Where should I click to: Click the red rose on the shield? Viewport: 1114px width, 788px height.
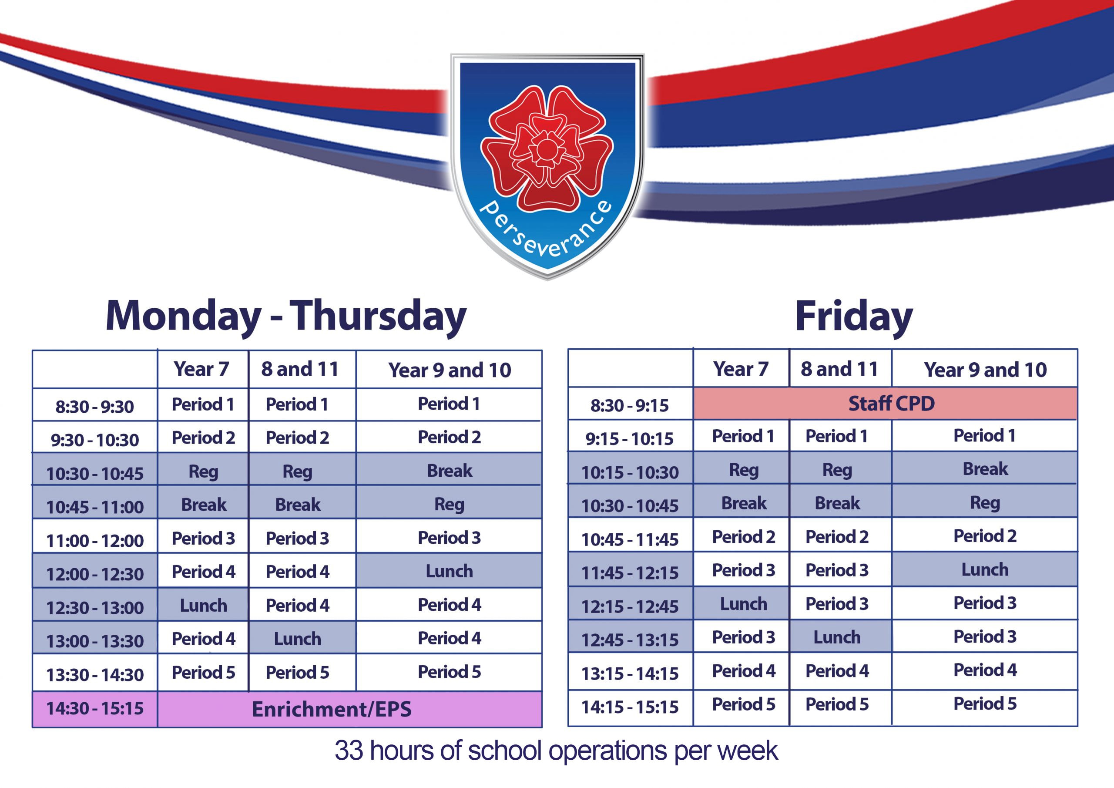(x=547, y=148)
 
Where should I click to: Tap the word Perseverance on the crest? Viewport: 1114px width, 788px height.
(x=546, y=228)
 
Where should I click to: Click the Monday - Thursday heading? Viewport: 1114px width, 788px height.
(x=286, y=317)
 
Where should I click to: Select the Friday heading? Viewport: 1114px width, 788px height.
(x=853, y=317)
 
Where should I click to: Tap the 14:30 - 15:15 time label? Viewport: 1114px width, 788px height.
(x=95, y=708)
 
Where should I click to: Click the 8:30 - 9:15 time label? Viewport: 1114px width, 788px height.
(x=630, y=405)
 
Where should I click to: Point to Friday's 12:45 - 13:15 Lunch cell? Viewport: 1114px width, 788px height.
(x=837, y=637)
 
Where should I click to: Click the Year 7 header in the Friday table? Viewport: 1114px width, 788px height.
(x=741, y=369)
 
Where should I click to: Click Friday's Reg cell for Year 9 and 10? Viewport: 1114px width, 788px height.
(x=985, y=502)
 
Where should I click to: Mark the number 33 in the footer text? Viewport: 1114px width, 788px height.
(x=349, y=750)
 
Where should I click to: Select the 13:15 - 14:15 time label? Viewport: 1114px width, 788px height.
(x=630, y=674)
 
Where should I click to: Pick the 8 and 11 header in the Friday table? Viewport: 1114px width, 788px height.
(x=839, y=369)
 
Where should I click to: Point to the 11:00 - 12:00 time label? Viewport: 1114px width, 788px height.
(x=95, y=540)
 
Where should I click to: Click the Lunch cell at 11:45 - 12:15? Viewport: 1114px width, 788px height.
(x=985, y=569)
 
